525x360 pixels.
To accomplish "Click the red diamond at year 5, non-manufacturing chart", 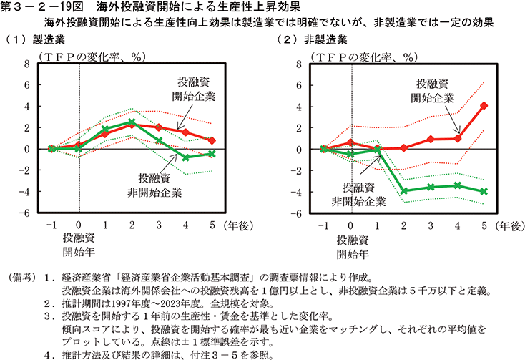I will click(484, 106).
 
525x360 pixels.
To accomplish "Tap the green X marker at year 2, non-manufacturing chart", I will click(404, 191).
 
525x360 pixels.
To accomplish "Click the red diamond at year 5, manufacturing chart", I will click(212, 141).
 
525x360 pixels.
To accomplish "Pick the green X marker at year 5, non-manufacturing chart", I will click(484, 192).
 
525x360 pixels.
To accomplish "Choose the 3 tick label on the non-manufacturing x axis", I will click(431, 226).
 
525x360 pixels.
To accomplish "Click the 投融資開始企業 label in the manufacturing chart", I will click(192, 90).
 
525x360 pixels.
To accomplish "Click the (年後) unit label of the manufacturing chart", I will click(236, 226).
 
